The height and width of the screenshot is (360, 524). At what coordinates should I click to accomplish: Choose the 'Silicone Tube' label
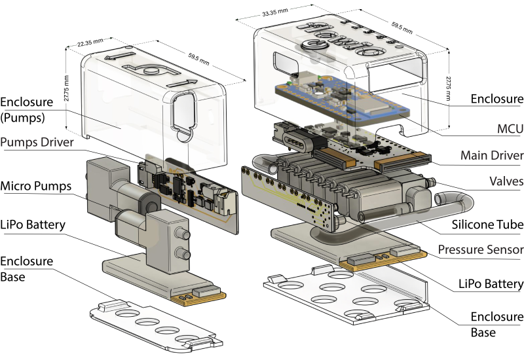488,225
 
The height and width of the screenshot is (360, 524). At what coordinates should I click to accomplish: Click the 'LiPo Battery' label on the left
33,225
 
